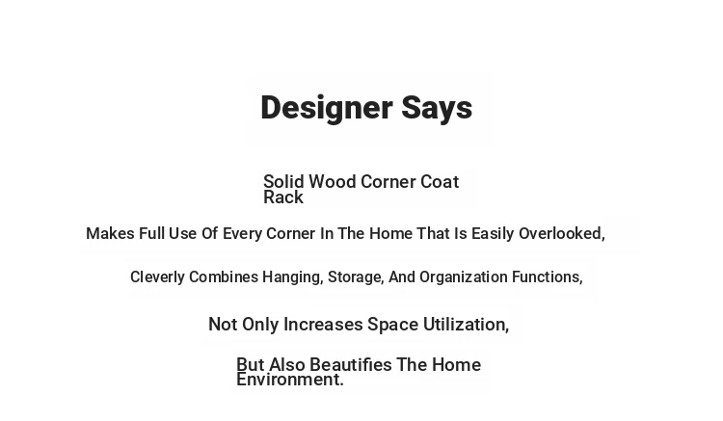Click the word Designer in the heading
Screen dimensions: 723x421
(x=327, y=108)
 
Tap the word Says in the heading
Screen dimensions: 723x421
(x=437, y=108)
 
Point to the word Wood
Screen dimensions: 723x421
(x=332, y=181)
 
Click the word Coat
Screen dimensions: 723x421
(x=440, y=181)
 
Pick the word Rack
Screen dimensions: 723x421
(x=283, y=197)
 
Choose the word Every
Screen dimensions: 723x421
(x=242, y=234)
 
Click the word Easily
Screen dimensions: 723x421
(x=493, y=234)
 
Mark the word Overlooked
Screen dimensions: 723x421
(x=562, y=233)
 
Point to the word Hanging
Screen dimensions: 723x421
(x=293, y=277)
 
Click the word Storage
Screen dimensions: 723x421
(x=356, y=277)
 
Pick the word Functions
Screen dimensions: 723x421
(x=548, y=276)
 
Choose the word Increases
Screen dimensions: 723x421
(x=323, y=325)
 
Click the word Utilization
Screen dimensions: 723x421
(x=467, y=325)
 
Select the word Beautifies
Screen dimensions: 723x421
(x=351, y=365)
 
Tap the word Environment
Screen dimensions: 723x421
(x=290, y=380)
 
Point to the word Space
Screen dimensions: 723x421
(x=393, y=326)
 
